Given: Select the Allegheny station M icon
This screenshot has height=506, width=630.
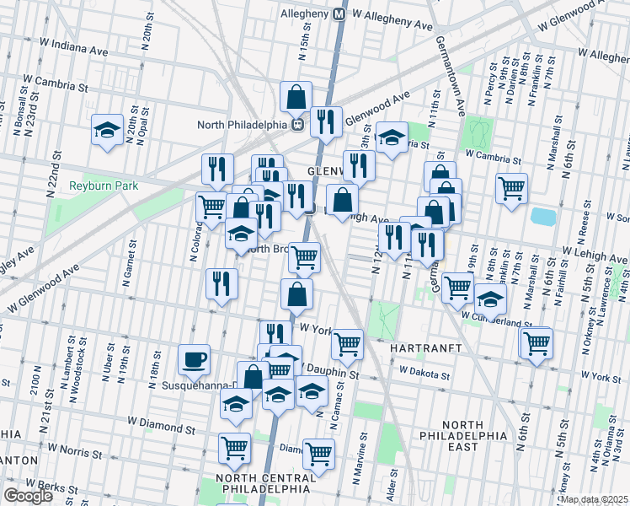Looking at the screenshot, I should [339, 14].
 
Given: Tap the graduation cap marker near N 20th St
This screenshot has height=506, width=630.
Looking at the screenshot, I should [107, 131].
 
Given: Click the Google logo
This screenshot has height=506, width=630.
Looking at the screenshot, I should [29, 496].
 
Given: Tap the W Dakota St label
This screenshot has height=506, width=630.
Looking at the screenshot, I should [430, 369].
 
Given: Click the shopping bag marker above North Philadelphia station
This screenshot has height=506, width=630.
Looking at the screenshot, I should [296, 98].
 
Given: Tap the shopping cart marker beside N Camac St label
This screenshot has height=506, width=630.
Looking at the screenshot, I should [318, 454].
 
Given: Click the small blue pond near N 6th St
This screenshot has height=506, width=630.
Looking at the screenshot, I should [543, 216].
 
